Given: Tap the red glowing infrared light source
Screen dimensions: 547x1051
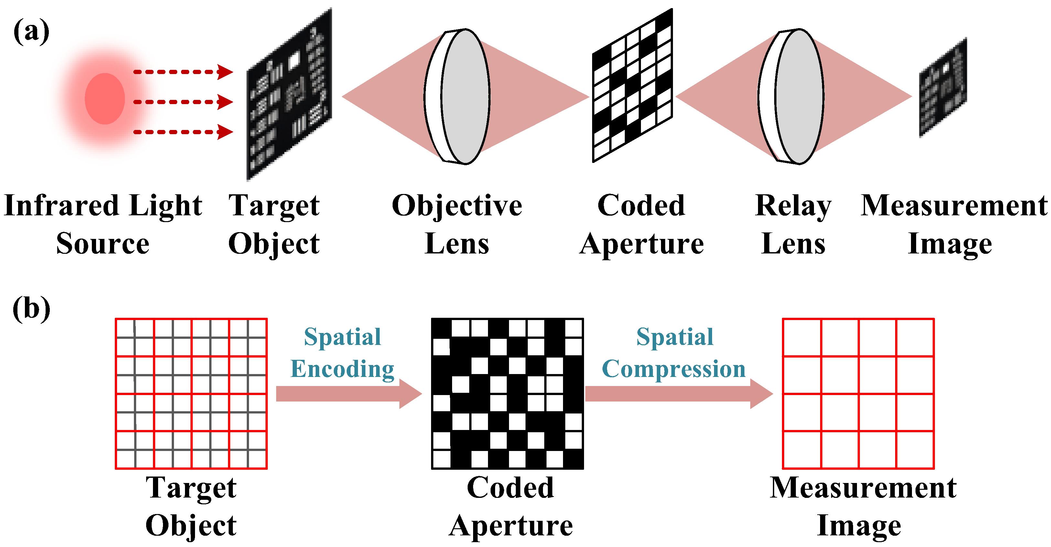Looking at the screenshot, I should [x=104, y=99].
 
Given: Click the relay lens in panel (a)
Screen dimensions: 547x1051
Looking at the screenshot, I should [x=792, y=97].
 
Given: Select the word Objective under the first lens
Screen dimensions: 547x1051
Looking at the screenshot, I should [x=457, y=206].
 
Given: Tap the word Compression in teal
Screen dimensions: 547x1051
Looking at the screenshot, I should [x=674, y=369].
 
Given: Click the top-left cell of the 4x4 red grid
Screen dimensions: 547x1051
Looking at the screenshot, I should [x=802, y=337].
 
